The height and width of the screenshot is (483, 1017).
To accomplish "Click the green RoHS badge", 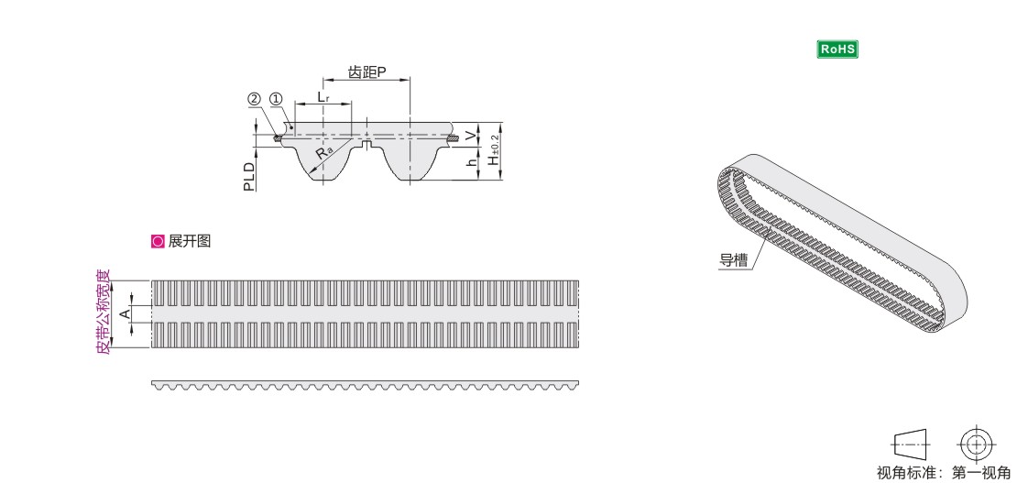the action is point(837,49).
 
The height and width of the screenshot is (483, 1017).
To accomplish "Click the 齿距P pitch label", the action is point(367,72).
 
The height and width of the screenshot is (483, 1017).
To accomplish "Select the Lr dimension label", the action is point(323,96).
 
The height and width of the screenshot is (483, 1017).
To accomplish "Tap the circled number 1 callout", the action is point(277,99).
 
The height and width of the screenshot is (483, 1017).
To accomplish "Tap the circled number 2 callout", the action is point(254,99).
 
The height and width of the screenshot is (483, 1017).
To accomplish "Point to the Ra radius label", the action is point(323,153).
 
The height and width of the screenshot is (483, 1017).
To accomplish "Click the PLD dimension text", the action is point(249,177).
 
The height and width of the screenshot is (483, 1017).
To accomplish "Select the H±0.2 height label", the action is point(495,150).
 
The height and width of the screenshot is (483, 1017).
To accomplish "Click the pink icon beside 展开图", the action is point(158,242).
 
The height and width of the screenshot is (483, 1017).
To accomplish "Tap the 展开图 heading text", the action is point(190,242).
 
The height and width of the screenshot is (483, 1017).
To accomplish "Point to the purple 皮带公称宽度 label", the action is point(104,312).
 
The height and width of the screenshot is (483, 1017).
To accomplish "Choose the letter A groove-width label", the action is point(126,314).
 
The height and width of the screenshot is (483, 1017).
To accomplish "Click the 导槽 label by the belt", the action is point(733,260).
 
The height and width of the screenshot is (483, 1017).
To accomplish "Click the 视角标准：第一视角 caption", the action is point(944,473).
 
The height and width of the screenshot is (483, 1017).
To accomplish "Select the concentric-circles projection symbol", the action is point(976,445).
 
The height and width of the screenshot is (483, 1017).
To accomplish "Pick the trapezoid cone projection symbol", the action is point(912,445).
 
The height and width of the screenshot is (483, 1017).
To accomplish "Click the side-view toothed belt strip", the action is point(366,386).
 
